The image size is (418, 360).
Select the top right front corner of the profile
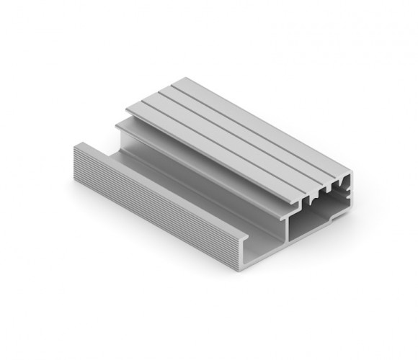352,175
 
